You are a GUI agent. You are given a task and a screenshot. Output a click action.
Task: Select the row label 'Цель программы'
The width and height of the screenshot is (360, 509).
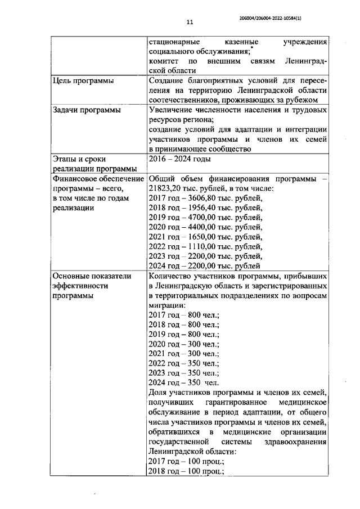pyautogui.click(x=79, y=81)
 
